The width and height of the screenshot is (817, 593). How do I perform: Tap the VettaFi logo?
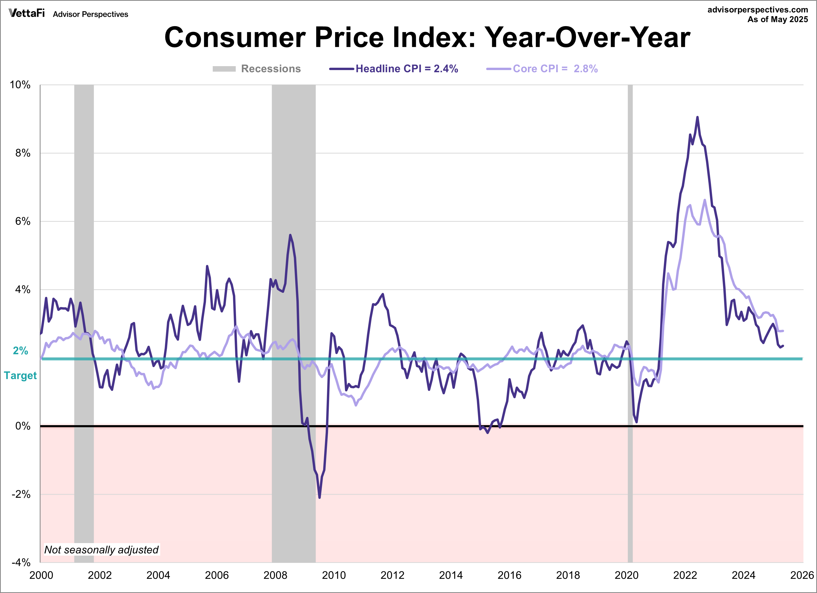coord(27,13)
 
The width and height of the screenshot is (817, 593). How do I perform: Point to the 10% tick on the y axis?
coord(20,85)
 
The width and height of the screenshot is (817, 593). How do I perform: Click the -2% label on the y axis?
coord(21,494)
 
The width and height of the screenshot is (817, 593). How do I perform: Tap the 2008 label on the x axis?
coord(275,575)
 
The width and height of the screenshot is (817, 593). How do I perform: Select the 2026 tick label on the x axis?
coord(802,575)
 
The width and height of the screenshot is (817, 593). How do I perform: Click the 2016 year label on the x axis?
coord(509,575)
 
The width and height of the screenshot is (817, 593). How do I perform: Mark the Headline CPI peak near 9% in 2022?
coord(697,117)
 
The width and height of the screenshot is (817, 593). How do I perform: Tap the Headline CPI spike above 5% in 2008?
coord(290,235)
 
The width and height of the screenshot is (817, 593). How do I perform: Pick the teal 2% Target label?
coord(21,363)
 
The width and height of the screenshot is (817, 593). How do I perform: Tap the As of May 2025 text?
coord(777,19)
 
